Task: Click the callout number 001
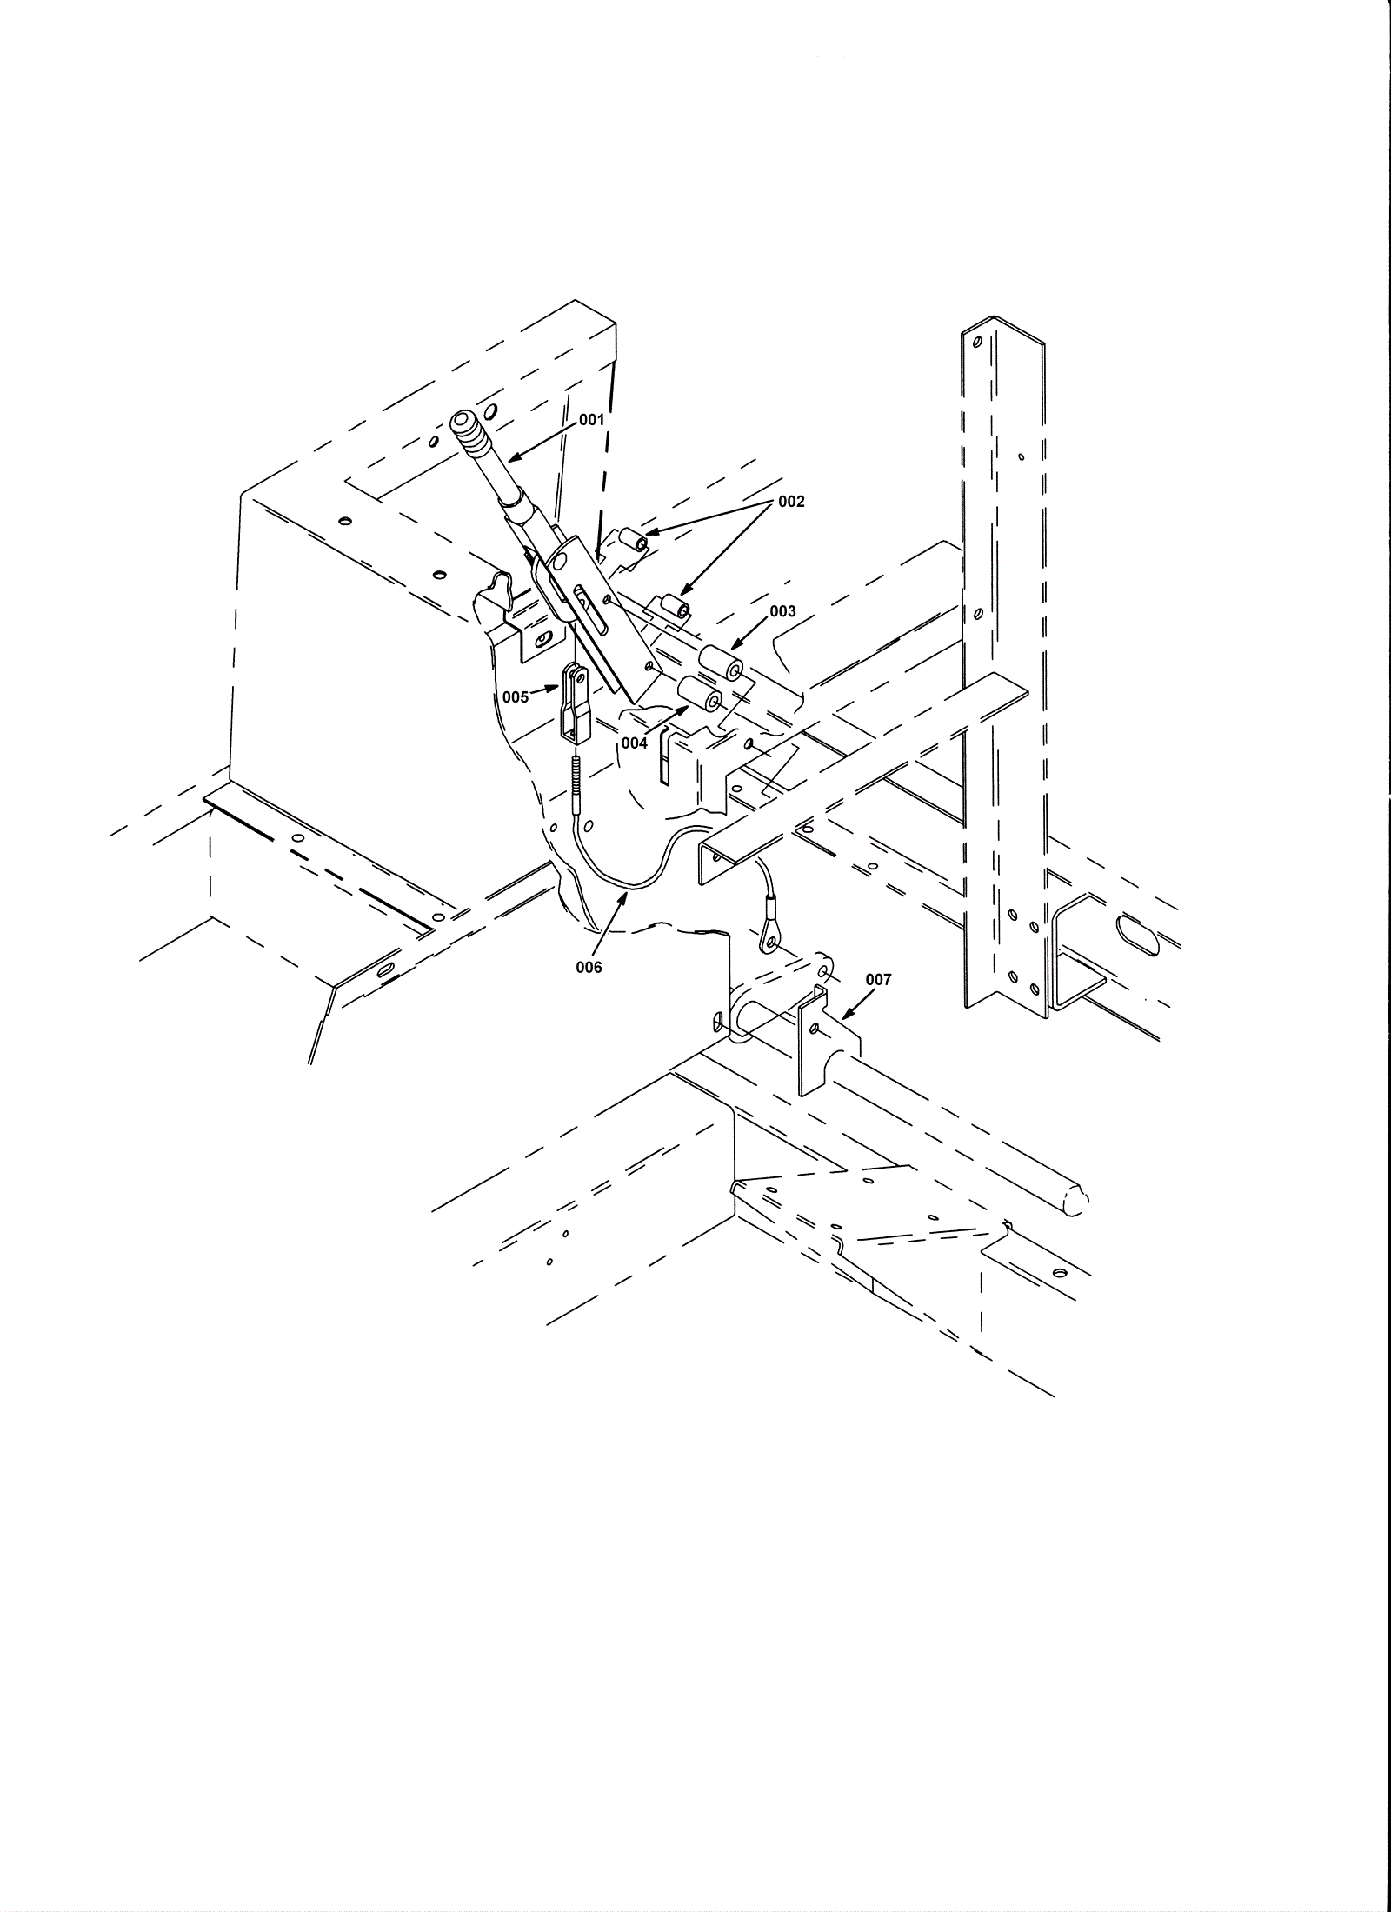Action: [591, 420]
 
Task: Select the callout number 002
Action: [792, 502]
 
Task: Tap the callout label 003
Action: [782, 611]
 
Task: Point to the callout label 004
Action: [635, 743]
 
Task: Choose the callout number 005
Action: [516, 697]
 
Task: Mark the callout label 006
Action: [589, 967]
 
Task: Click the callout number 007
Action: [878, 980]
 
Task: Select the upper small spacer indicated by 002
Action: [635, 543]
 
